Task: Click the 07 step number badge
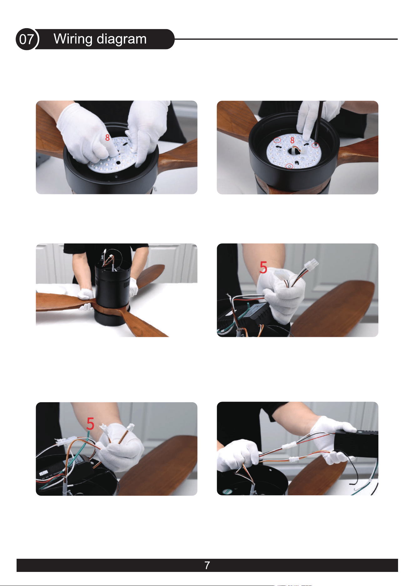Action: click(x=27, y=39)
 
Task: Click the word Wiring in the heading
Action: click(x=73, y=39)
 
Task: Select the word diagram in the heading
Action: click(x=122, y=39)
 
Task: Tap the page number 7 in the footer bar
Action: click(x=207, y=565)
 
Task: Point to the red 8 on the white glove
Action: click(x=107, y=137)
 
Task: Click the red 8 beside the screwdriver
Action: click(x=292, y=140)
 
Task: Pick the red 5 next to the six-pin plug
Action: click(x=263, y=268)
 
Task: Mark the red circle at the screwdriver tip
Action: click(x=316, y=145)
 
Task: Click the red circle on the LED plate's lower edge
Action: click(x=290, y=166)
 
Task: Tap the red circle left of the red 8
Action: click(x=277, y=140)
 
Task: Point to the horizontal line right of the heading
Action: click(x=286, y=39)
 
